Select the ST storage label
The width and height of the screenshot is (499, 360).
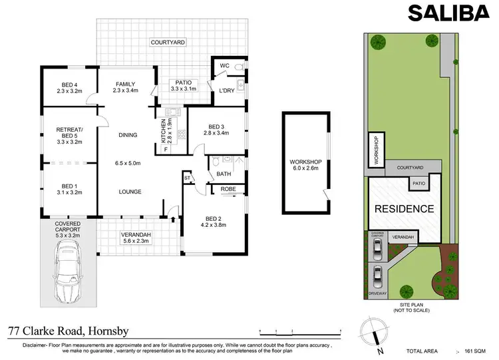pyautogui.click(x=187, y=178)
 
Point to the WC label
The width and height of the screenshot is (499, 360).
pyautogui.click(x=224, y=66)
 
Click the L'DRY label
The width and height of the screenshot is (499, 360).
pyautogui.click(x=225, y=90)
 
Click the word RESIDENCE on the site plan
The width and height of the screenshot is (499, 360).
pyautogui.click(x=405, y=209)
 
